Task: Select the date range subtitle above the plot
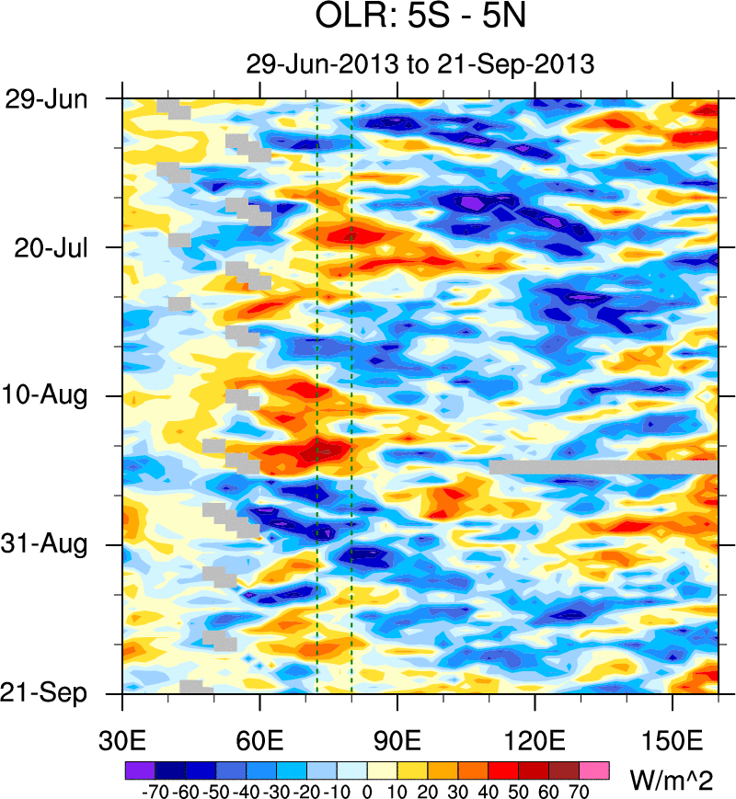point(420,64)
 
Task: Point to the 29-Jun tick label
point(45,98)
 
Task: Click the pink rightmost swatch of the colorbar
point(595,769)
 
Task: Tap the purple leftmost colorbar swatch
point(139,769)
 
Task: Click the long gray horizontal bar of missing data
point(603,467)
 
